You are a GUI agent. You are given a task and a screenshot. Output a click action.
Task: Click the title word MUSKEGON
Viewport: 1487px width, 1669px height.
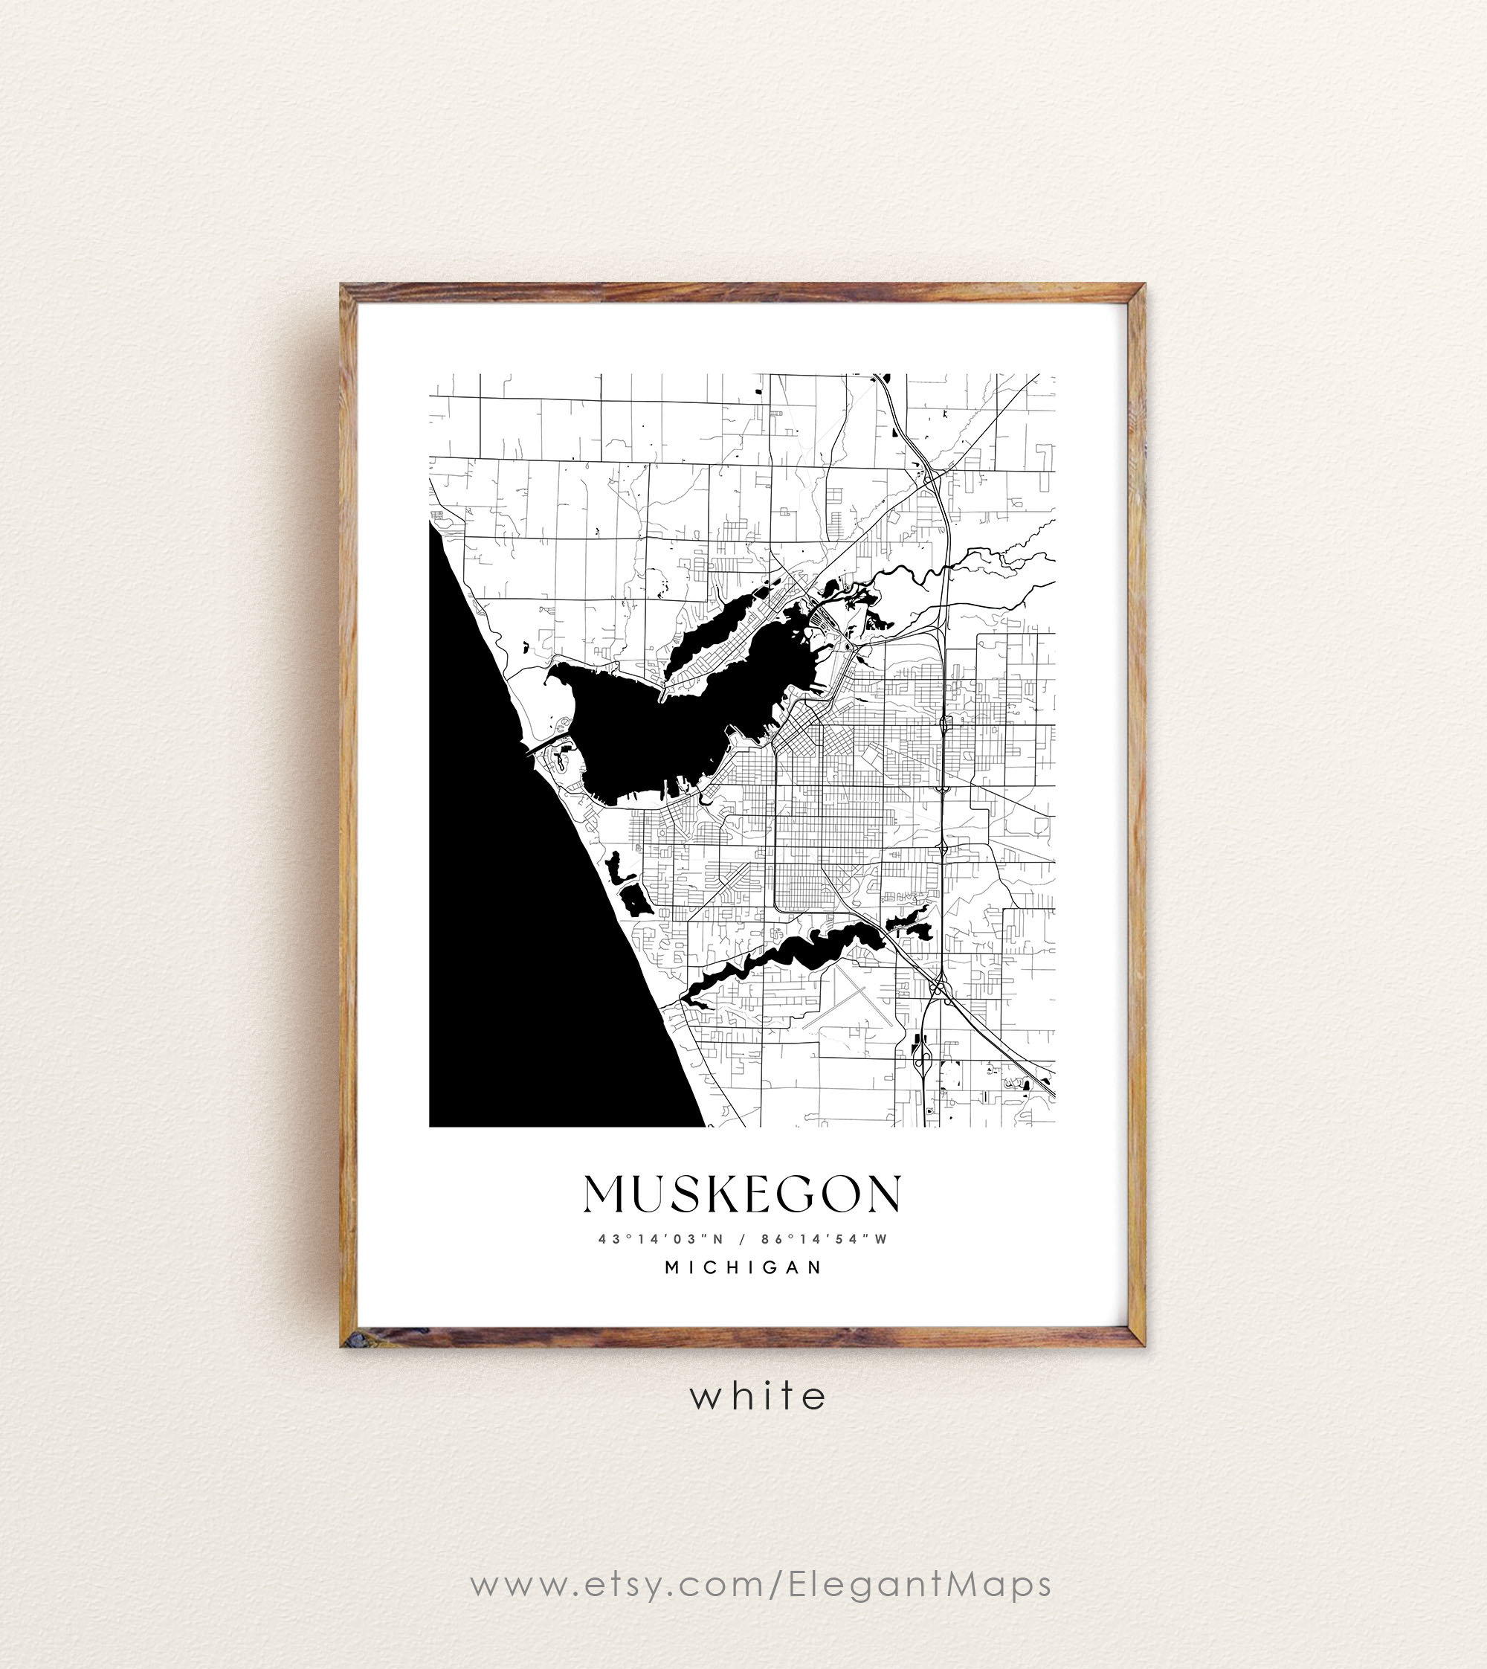pos(742,1194)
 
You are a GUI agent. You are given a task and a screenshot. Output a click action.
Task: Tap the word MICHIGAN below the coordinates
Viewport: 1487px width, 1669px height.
pos(743,1267)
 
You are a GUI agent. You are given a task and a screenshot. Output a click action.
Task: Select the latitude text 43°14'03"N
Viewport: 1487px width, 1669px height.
pos(661,1238)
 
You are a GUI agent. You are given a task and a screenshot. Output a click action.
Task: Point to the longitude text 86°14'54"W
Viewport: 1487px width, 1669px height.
pos(824,1238)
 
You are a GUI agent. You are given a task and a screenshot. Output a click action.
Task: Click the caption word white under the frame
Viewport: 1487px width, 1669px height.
pos(758,1397)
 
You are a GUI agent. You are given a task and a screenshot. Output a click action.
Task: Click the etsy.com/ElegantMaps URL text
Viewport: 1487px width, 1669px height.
pos(760,1584)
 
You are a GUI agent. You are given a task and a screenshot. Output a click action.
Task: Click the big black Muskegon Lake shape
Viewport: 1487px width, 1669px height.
pos(654,727)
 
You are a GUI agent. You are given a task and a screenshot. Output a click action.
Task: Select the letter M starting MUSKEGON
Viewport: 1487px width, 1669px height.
pos(604,1194)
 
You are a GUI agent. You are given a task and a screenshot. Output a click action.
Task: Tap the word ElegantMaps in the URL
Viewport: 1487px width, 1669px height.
pos(919,1584)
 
